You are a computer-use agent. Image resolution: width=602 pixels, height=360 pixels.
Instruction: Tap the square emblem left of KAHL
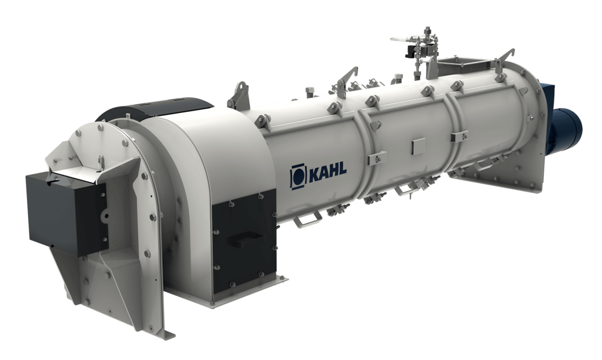coord(298,177)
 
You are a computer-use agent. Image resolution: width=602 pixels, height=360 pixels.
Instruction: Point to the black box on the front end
coord(65,213)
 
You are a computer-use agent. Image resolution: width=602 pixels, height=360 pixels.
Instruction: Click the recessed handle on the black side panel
coord(246,239)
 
